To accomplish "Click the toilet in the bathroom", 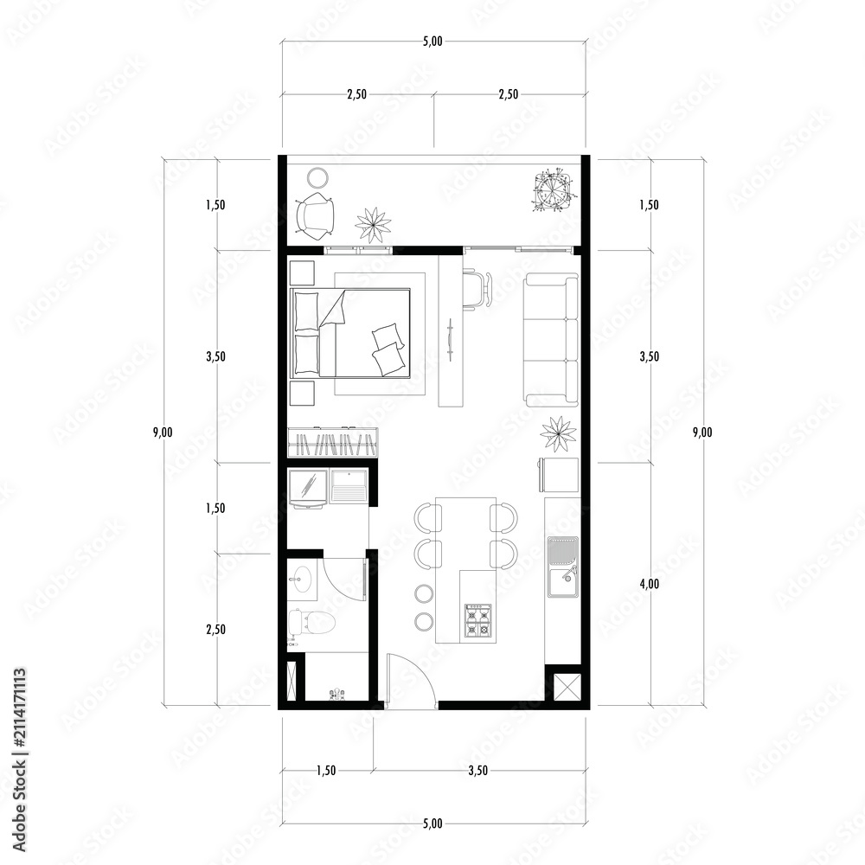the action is click(x=311, y=623).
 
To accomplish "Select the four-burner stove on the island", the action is click(x=478, y=619).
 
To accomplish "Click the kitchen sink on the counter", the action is click(x=563, y=567).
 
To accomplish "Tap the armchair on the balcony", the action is click(x=315, y=215).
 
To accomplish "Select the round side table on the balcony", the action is click(x=317, y=179).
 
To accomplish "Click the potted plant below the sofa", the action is click(x=558, y=433).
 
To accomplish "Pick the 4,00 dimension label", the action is click(x=649, y=584).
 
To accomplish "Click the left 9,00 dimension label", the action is click(x=163, y=432).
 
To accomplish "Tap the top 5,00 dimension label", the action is click(x=432, y=42).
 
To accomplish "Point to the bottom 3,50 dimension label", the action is click(x=477, y=771).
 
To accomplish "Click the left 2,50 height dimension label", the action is click(x=215, y=630).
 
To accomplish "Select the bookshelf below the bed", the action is click(x=333, y=442).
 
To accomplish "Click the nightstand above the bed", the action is click(x=302, y=272).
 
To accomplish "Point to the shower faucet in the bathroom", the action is click(x=336, y=694).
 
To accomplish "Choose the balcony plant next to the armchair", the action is click(x=373, y=225).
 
